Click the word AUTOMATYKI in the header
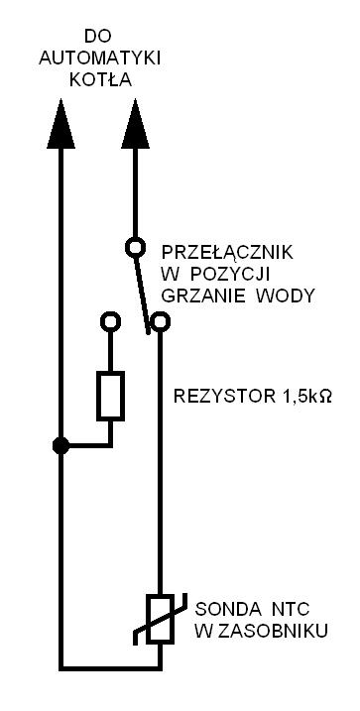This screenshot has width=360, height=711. point(100,59)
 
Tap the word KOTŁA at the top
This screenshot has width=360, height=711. point(100,79)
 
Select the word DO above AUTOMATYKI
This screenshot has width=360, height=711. point(98,37)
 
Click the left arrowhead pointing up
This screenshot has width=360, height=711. point(60,124)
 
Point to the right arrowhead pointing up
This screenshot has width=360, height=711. point(135,124)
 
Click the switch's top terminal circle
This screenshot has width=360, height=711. point(135,248)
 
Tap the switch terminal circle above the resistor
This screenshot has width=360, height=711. point(110,321)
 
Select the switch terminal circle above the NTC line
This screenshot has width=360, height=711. point(160,321)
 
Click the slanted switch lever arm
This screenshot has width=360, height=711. point(142,296)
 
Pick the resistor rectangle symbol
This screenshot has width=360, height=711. point(110,396)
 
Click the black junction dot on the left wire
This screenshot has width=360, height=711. point(60,445)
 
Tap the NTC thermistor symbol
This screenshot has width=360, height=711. point(160,619)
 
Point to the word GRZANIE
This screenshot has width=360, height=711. point(203,296)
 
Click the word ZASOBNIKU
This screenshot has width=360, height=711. point(273,632)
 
